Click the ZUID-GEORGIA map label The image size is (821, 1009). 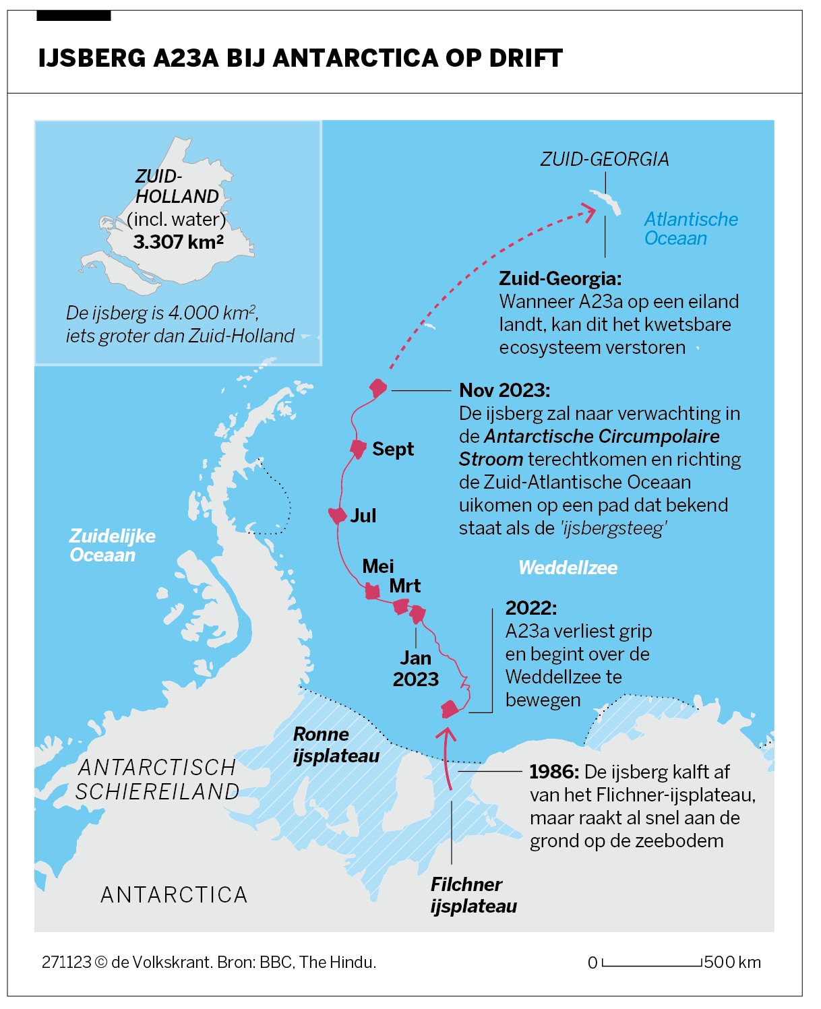[x=605, y=159]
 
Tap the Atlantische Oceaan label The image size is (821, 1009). [x=690, y=228]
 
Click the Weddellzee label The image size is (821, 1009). [x=568, y=568]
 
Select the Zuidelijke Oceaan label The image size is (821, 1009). [x=112, y=545]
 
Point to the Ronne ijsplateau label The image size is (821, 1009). [x=336, y=745]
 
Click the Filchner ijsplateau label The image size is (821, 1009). [x=473, y=895]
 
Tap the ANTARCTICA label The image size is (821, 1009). [x=174, y=894]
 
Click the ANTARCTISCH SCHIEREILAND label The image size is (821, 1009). [x=157, y=779]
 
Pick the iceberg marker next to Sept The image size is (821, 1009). [x=358, y=448]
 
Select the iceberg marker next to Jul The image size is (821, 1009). [x=337, y=516]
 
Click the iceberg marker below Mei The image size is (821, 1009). [x=371, y=592]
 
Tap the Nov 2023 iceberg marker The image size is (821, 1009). [x=378, y=388]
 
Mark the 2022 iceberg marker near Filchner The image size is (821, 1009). [x=450, y=709]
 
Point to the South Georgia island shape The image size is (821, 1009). [x=605, y=201]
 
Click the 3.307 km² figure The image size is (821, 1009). [x=178, y=242]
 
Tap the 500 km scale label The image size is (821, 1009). [x=732, y=962]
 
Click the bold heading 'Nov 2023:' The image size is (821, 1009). [x=504, y=390]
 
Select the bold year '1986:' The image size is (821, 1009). [x=554, y=772]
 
